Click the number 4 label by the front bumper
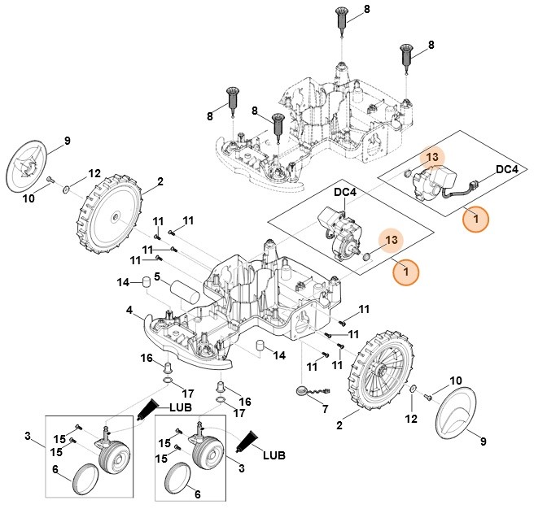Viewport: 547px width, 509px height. tap(129, 310)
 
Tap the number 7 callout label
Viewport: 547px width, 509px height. tap(325, 409)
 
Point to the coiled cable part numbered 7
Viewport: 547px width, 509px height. tap(305, 392)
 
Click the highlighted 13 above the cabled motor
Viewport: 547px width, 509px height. tap(433, 156)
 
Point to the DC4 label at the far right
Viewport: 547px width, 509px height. tap(506, 169)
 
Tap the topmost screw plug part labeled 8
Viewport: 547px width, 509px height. tap(342, 22)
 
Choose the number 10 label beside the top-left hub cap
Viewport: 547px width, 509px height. tap(28, 198)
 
